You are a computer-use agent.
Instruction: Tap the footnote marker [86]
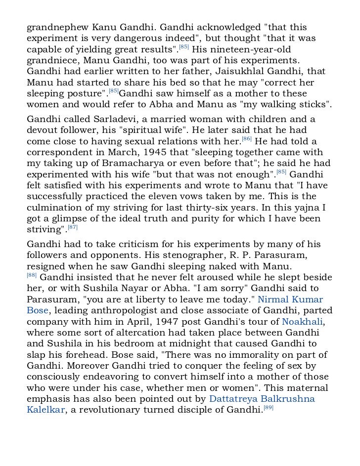pyautogui.click(x=246, y=139)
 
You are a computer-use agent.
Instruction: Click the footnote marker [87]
pyautogui.click(x=73, y=227)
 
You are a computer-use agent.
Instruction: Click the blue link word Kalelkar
pyautogui.click(x=45, y=410)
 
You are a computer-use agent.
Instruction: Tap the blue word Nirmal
pyautogui.click(x=274, y=300)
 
